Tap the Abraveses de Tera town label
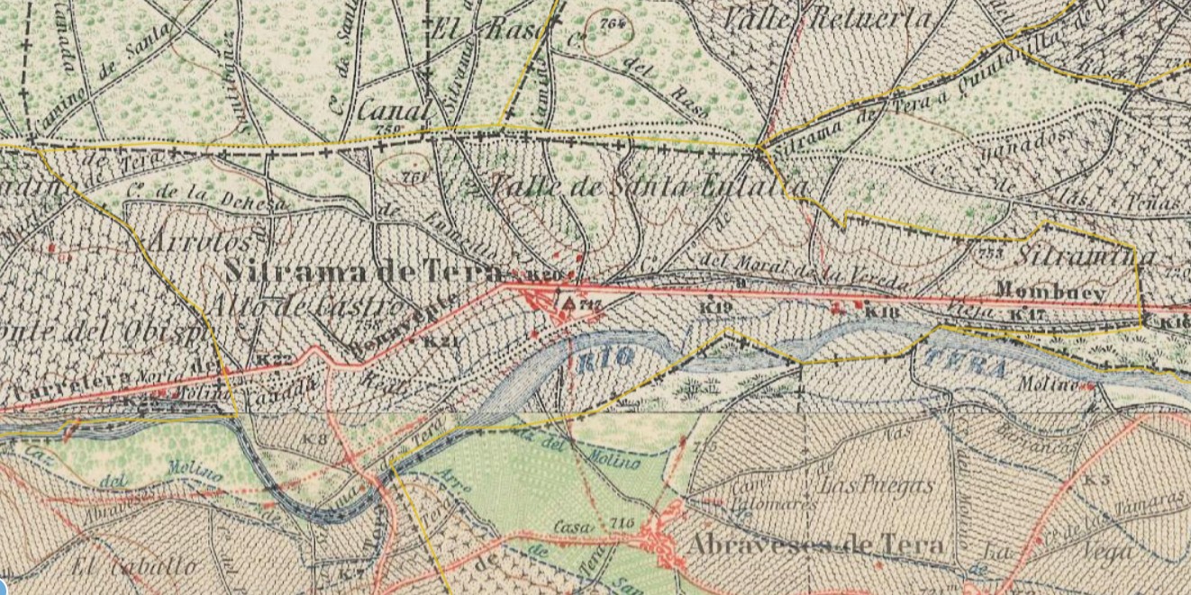pyautogui.click(x=814, y=545)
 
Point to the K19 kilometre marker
pyautogui.click(x=715, y=307)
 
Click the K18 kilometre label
pyautogui.click(x=882, y=311)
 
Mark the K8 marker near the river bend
pyautogui.click(x=314, y=439)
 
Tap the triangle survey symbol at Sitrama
pyautogui.click(x=568, y=305)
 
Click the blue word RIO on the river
pyautogui.click(x=607, y=357)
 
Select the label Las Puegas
pyautogui.click(x=876, y=485)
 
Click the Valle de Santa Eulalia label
pyautogui.click(x=645, y=186)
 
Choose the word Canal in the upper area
pyautogui.click(x=394, y=112)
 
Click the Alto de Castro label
pyautogui.click(x=306, y=306)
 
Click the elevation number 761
pyautogui.click(x=414, y=177)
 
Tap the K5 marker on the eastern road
pyautogui.click(x=1096, y=480)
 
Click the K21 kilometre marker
pyautogui.click(x=439, y=341)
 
